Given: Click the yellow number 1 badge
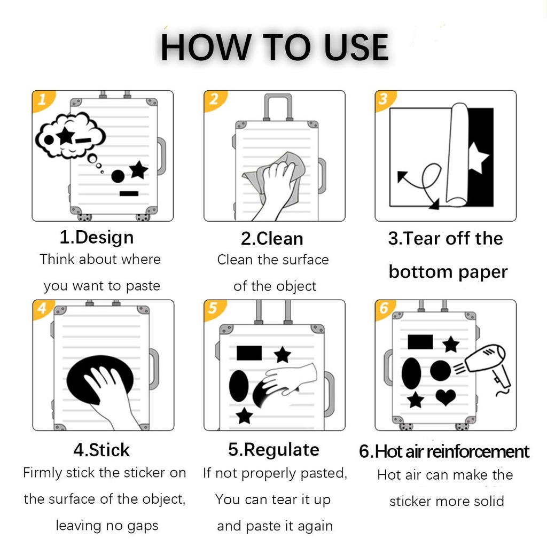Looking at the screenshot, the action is (x=42, y=100).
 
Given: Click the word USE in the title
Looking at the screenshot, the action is (x=356, y=48).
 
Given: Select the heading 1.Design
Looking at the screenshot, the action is (x=97, y=238).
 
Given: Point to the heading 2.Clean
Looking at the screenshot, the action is (x=272, y=239).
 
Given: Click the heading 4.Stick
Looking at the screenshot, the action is (x=101, y=450).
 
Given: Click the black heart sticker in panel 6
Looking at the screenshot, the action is (x=446, y=397).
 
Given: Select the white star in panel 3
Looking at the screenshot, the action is (x=478, y=158).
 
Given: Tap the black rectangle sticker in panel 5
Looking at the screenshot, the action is (x=249, y=353).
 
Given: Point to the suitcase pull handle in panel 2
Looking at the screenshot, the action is (x=278, y=106).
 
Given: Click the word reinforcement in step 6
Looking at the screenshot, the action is (x=478, y=452).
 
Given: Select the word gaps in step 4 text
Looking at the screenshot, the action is (x=143, y=526).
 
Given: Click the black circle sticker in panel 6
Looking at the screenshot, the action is (x=440, y=371).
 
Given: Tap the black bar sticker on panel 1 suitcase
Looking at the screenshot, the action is (x=129, y=193).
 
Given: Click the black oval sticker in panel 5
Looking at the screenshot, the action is (x=239, y=386).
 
